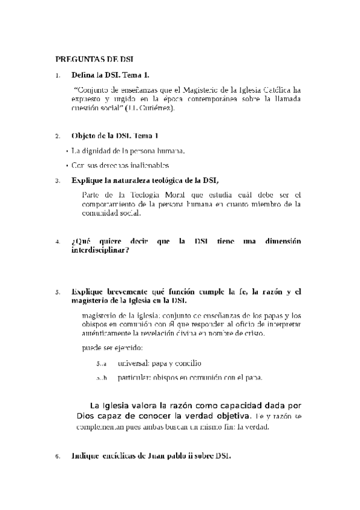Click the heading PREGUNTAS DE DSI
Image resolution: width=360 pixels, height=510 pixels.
pyautogui.click(x=94, y=59)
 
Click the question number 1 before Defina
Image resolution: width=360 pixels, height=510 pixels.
pyautogui.click(x=57, y=76)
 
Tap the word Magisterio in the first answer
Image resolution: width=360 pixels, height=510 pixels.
pyautogui.click(x=219, y=90)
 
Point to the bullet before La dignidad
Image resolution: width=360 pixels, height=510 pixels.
pyautogui.click(x=66, y=151)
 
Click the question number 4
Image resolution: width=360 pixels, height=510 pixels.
pyautogui.click(x=57, y=242)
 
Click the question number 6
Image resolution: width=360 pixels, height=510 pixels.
pyautogui.click(x=57, y=456)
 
